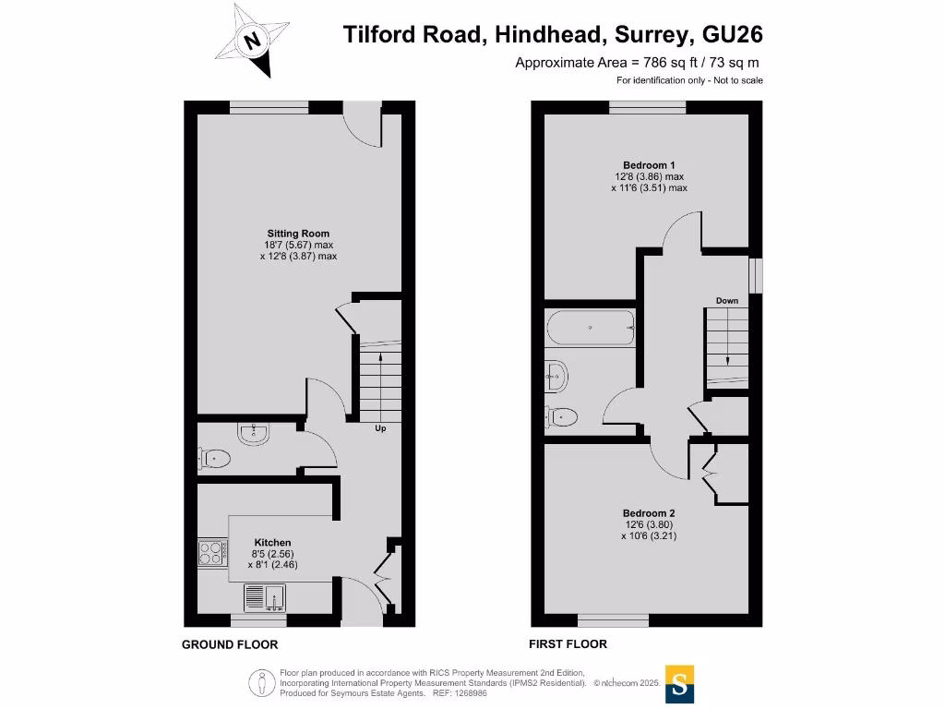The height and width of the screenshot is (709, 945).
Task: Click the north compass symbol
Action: click(251, 40)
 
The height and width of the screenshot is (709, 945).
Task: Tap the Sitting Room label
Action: click(298, 234)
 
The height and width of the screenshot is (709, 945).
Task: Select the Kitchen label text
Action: click(272, 542)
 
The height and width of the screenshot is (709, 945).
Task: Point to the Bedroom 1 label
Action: click(649, 165)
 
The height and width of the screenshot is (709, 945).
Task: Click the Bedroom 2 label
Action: click(649, 513)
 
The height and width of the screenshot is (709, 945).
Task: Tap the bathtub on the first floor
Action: click(591, 328)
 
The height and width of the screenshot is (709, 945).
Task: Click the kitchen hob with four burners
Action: click(211, 553)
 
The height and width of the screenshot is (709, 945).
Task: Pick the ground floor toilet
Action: click(214, 457)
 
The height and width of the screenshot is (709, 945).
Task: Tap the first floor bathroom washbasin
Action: click(556, 374)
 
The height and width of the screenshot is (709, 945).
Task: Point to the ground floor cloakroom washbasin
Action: click(250, 432)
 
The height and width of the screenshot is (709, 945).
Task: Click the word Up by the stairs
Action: click(379, 429)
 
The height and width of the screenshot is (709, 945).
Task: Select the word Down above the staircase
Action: click(727, 301)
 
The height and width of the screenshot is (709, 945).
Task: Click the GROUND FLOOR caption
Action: click(230, 644)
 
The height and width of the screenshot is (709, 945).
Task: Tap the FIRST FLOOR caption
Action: click(568, 643)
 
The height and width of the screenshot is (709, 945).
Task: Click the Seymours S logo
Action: click(679, 684)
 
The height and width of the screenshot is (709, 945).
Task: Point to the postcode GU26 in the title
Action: click(733, 34)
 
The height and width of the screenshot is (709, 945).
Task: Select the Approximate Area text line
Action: click(638, 63)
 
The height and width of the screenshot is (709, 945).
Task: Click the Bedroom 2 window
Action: click(613, 619)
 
